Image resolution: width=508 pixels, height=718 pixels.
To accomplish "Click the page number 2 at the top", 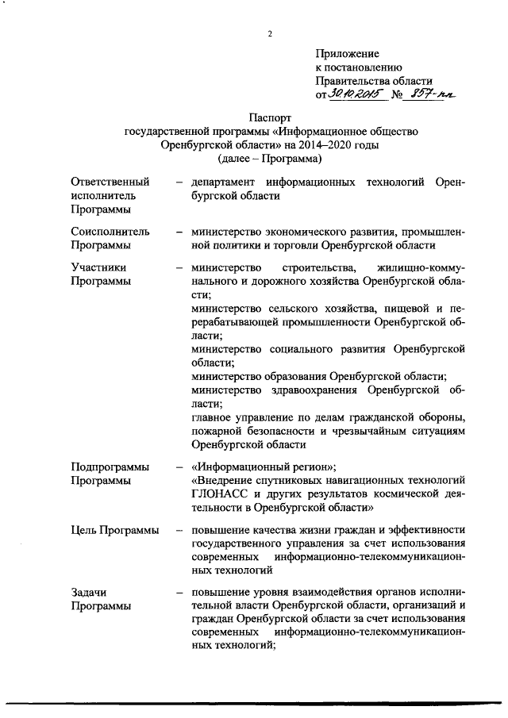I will tap(271, 33).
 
